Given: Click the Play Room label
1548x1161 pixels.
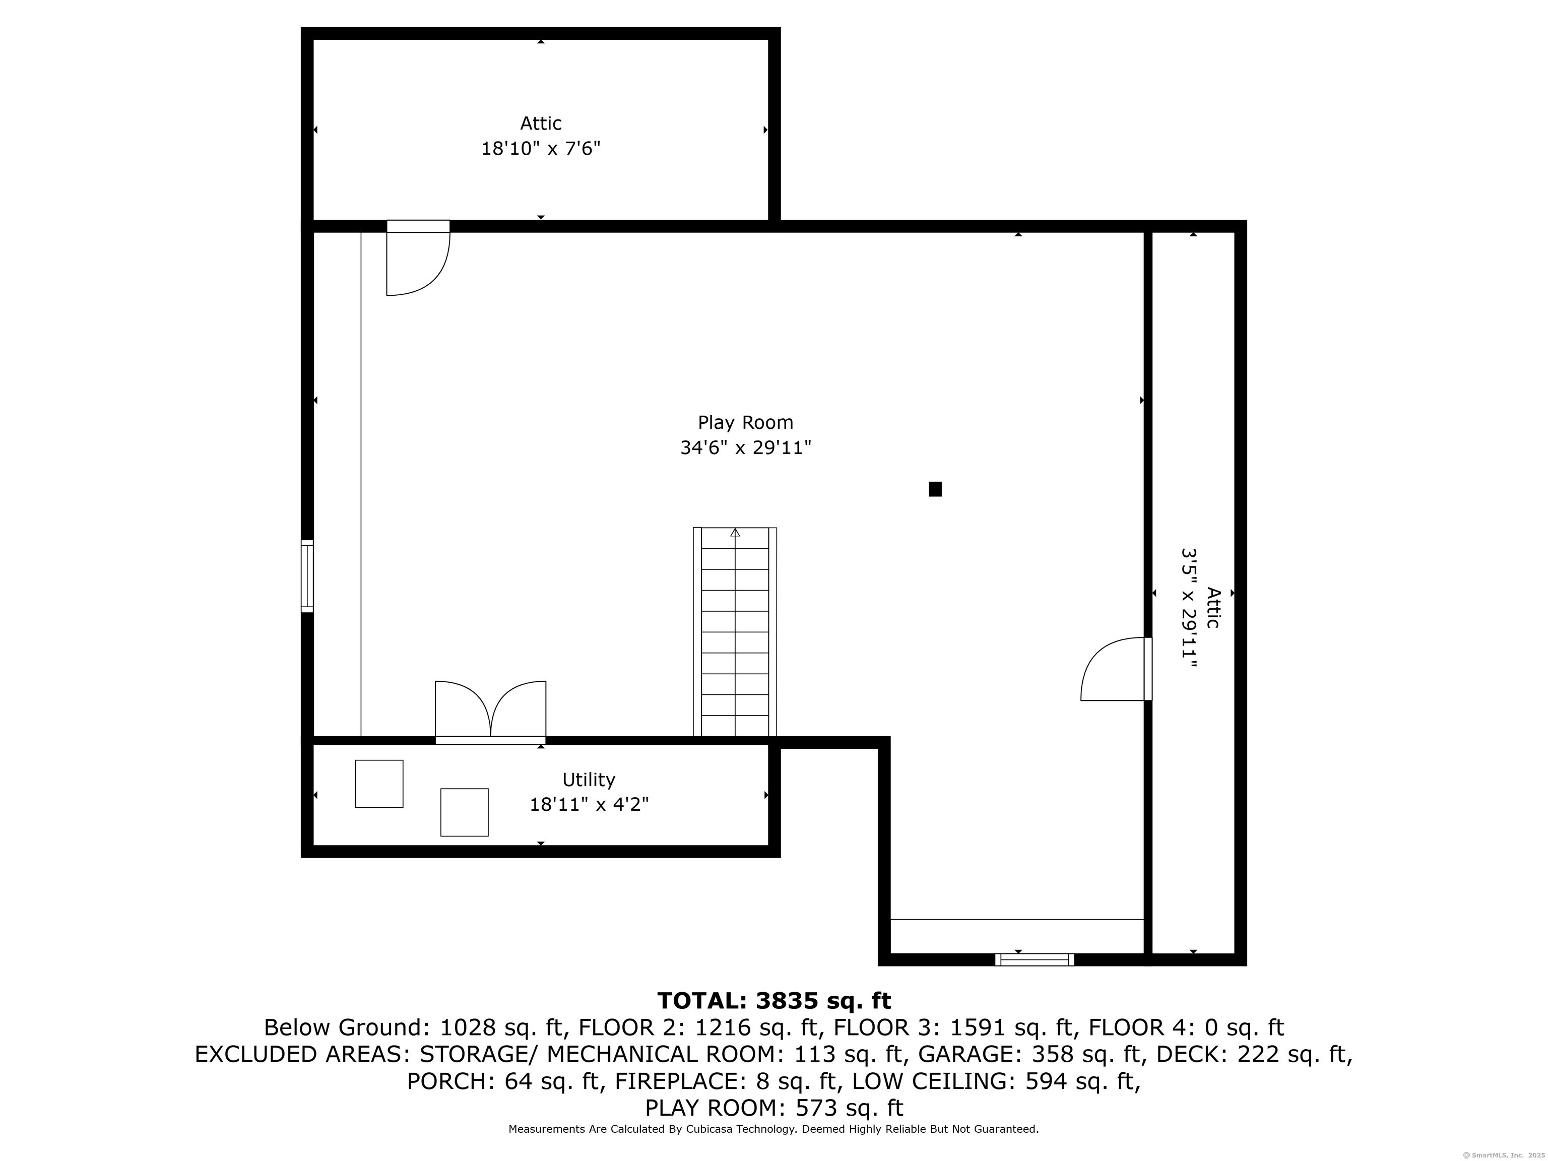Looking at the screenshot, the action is (745, 423).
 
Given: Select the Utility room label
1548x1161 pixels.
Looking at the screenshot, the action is (589, 780).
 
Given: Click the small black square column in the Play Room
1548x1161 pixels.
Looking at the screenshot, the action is (935, 489).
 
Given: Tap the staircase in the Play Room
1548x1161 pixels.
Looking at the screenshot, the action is (735, 632).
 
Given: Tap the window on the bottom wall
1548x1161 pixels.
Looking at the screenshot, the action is (1035, 959).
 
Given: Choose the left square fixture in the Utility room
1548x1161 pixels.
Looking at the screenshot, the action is (379, 784).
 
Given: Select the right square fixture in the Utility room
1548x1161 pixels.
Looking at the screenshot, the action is (464, 812).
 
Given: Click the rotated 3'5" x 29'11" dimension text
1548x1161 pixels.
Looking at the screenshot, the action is (1189, 607).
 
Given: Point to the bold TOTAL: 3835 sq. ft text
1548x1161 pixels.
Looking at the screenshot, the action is (774, 1001).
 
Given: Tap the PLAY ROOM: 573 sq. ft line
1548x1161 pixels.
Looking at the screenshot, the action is (774, 1108).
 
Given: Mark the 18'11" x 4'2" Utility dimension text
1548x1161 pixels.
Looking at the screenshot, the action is (589, 805).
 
